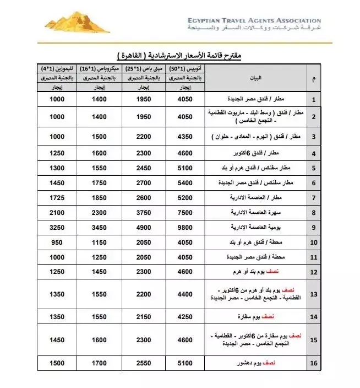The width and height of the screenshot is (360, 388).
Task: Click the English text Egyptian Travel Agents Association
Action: (254, 20)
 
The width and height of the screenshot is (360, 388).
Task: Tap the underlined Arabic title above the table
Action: (180, 56)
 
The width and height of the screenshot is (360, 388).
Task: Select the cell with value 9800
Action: (185, 227)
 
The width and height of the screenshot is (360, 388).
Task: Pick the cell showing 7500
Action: (185, 212)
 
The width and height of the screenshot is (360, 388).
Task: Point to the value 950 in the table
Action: (57, 242)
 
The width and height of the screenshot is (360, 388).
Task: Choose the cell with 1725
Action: (57, 197)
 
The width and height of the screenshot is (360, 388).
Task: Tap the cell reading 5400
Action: (185, 182)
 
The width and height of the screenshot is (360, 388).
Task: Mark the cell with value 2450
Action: (143, 167)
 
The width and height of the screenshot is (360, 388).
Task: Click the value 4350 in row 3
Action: (185, 136)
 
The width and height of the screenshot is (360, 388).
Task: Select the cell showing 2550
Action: (143, 364)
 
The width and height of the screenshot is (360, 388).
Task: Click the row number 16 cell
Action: (314, 364)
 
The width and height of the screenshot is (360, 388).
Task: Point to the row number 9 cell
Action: (314, 227)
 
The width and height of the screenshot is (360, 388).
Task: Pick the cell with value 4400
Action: (185, 294)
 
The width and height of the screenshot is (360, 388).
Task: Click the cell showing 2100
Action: (57, 212)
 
